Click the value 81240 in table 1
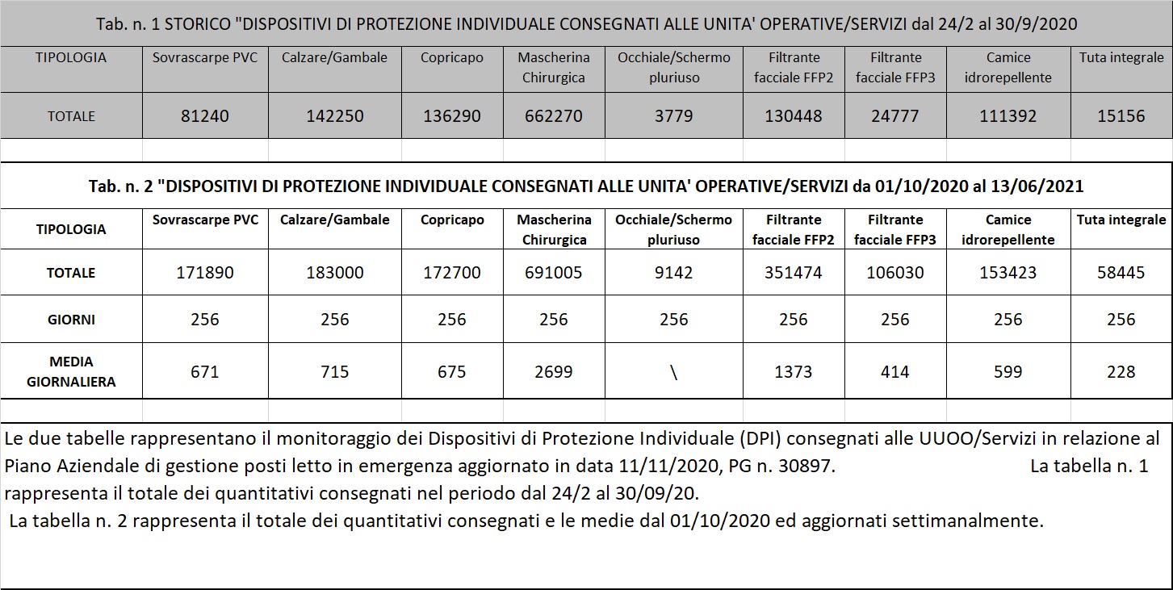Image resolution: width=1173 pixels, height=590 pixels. pyautogui.click(x=205, y=116)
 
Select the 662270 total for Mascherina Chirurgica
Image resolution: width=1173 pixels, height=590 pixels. pyautogui.click(x=554, y=116)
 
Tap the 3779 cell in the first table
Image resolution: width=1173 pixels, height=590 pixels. pyautogui.click(x=674, y=116)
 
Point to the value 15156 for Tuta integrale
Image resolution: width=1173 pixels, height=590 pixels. pyautogui.click(x=1121, y=116)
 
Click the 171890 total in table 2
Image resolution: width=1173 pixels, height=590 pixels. pyautogui.click(x=205, y=273)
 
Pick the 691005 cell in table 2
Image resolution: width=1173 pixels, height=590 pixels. pyautogui.click(x=554, y=273)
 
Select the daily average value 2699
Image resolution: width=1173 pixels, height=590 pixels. pyautogui.click(x=554, y=372)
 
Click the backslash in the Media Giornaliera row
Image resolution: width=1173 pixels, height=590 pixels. pyautogui.click(x=674, y=373)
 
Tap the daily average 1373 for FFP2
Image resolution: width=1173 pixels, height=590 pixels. pyautogui.click(x=794, y=372)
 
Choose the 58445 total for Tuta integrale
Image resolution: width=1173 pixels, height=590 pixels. pyautogui.click(x=1121, y=273)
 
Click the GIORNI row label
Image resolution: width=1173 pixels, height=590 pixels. pyautogui.click(x=71, y=320)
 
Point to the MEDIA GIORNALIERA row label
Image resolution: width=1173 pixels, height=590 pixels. pyautogui.click(x=71, y=371)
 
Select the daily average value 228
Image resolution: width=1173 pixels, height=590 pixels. pyautogui.click(x=1121, y=372)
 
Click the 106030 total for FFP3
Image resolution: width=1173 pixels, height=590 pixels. pyautogui.click(x=895, y=273)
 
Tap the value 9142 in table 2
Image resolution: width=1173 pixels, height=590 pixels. pyautogui.click(x=674, y=273)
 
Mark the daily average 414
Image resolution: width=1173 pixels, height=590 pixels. pyautogui.click(x=895, y=372)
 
